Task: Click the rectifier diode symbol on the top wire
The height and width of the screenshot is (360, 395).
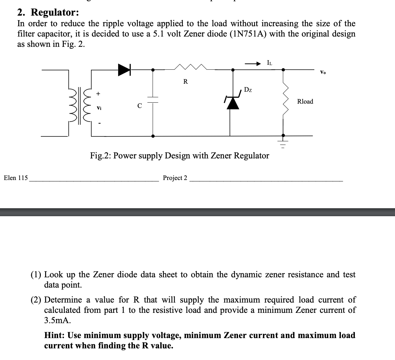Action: click(124, 70)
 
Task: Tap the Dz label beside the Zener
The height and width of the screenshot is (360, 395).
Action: click(248, 90)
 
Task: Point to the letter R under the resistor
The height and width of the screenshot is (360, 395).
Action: click(186, 82)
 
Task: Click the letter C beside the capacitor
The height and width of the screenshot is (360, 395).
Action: click(140, 106)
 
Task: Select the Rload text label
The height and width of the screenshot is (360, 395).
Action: click(305, 102)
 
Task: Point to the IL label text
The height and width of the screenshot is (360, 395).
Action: click(269, 63)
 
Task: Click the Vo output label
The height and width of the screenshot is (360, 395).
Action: click(323, 72)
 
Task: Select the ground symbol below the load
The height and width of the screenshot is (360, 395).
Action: click(283, 143)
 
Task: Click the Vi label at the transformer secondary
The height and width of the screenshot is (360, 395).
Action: click(99, 108)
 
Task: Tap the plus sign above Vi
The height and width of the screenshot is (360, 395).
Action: click(98, 94)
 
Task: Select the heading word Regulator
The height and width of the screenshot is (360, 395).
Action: click(55, 13)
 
